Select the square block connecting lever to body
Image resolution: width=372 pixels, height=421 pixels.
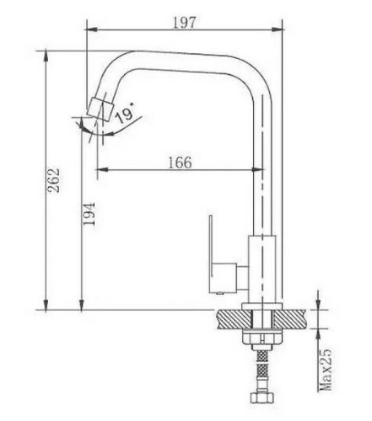point(225,275)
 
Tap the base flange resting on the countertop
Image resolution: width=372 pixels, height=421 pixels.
point(262,306)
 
